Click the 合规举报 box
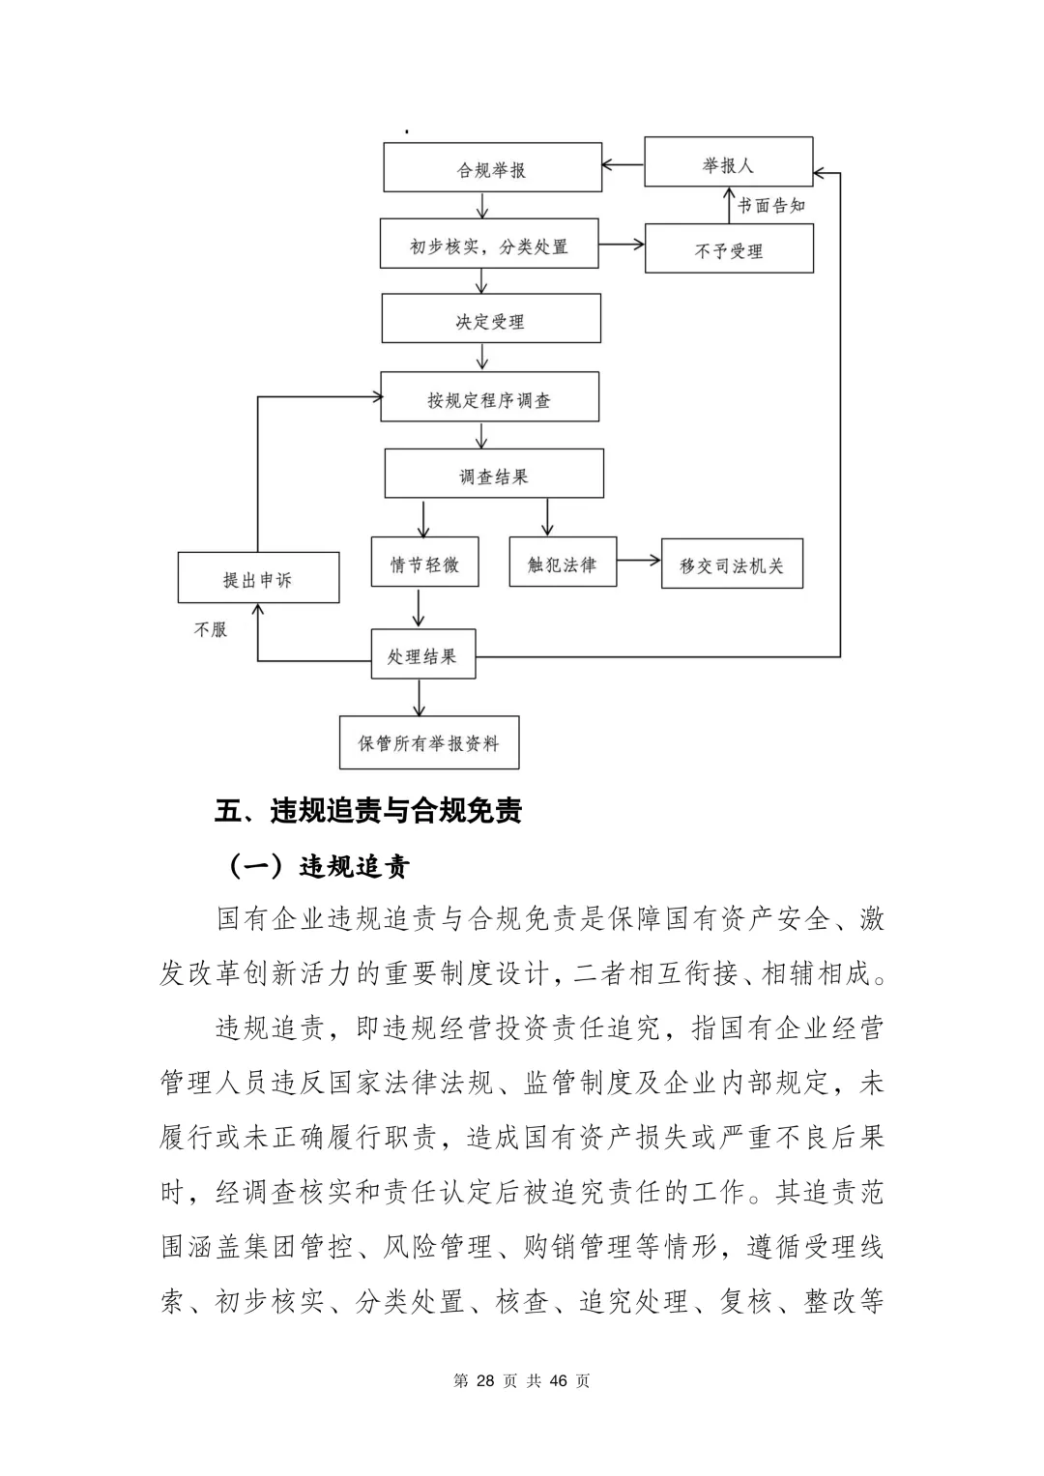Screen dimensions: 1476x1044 click(492, 168)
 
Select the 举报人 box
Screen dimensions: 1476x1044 click(728, 162)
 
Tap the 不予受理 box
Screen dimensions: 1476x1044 click(729, 249)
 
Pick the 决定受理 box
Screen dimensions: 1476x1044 click(491, 319)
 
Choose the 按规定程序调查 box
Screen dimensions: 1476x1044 click(489, 397)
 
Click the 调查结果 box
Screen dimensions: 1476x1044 click(494, 475)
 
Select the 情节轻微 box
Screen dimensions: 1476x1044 click(424, 563)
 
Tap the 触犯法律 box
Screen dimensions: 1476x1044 click(563, 563)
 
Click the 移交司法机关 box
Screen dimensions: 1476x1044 click(732, 564)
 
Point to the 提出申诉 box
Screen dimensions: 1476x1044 click(258, 578)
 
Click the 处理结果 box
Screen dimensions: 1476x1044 click(422, 655)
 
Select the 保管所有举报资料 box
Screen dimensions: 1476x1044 click(429, 742)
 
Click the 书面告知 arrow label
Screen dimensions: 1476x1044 click(771, 205)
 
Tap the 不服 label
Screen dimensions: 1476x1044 click(211, 629)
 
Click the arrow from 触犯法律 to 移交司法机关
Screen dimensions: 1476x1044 click(638, 560)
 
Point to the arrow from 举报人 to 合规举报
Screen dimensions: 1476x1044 click(623, 164)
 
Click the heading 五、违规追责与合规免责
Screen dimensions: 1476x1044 click(368, 810)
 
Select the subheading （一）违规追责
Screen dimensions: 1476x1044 click(318, 865)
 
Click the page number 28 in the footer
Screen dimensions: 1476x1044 click(485, 1380)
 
